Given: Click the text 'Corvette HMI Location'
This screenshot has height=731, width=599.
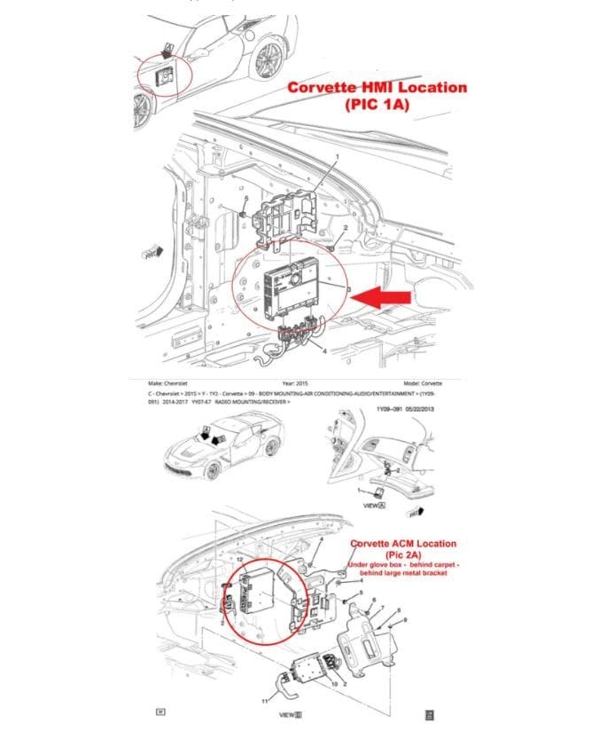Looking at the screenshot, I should click(376, 88).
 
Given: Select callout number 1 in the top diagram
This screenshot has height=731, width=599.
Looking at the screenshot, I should click(337, 156).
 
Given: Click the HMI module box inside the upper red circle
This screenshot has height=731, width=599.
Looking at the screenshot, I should click(299, 286).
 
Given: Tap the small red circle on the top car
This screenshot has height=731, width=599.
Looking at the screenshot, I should click(169, 75).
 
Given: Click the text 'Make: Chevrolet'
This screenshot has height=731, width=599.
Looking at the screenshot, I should click(170, 382).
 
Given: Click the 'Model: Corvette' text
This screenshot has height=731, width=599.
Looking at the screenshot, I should click(422, 382).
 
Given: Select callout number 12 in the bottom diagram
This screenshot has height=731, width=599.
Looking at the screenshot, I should click(239, 560).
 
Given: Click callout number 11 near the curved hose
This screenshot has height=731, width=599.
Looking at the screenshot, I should click(264, 701).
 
